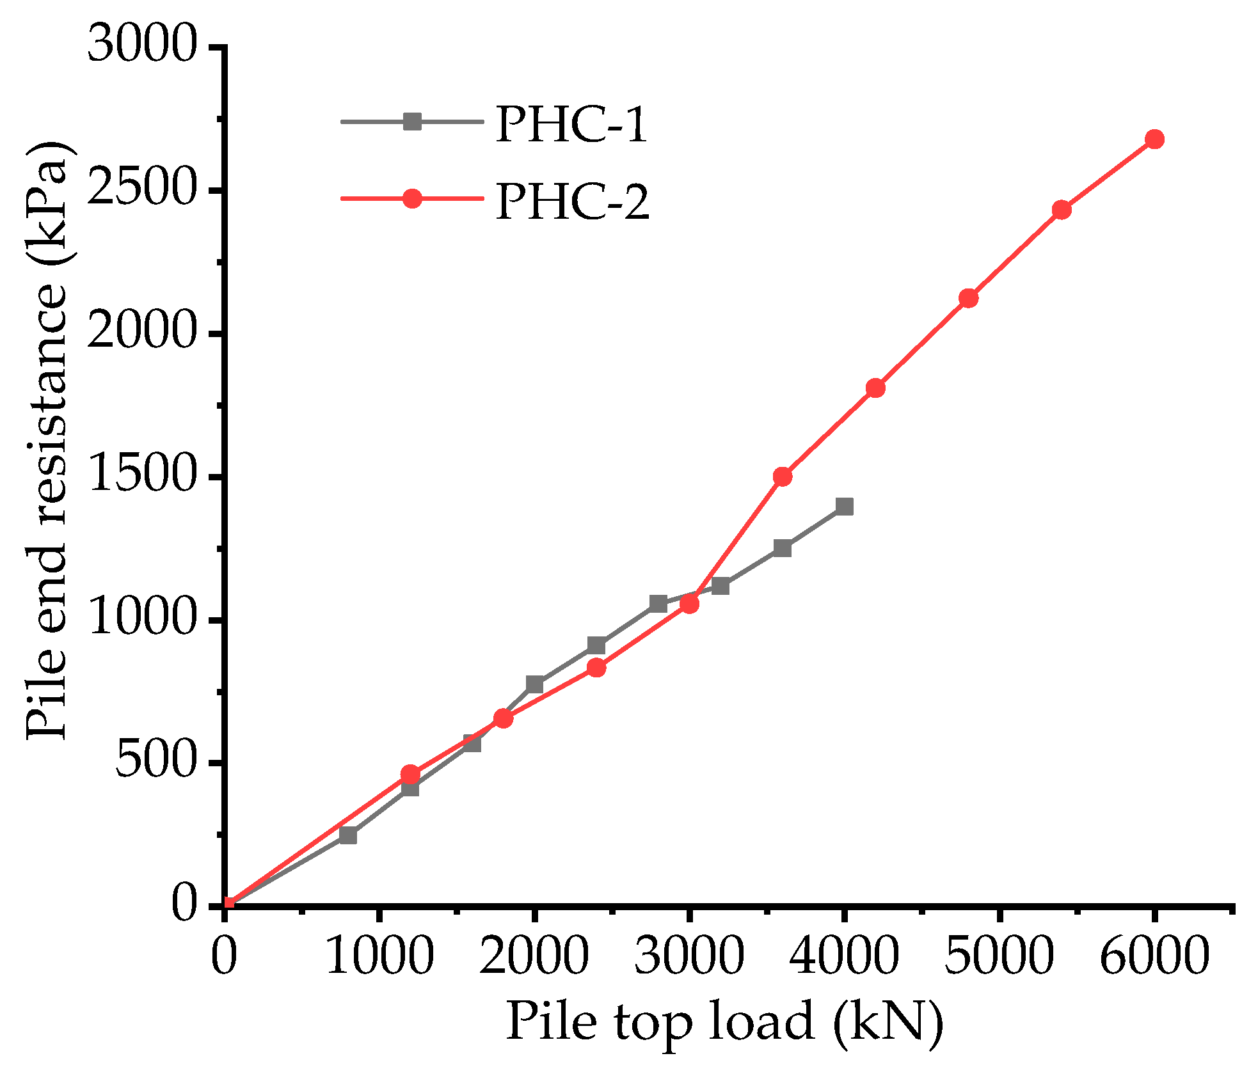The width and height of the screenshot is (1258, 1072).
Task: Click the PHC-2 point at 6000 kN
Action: tap(1154, 139)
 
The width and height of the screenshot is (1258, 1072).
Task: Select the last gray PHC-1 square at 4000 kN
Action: tap(844, 507)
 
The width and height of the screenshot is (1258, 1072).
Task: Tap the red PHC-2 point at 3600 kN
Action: tap(782, 477)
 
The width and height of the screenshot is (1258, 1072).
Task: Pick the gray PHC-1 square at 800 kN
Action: tap(348, 835)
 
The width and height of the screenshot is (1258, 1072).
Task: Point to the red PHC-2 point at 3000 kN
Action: tap(689, 603)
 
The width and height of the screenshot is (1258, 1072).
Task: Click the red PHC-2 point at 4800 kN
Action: tap(968, 298)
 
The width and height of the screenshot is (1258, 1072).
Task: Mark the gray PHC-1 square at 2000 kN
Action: tap(534, 684)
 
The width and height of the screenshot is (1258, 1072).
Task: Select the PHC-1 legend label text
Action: tap(571, 123)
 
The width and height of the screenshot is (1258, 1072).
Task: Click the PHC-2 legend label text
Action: tap(572, 201)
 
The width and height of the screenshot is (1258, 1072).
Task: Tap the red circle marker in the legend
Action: tap(413, 198)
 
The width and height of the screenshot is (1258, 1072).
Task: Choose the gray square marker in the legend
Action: tap(413, 121)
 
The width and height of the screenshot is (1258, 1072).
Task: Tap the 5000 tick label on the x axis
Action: tap(998, 956)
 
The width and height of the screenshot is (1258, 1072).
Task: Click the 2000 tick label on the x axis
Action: tap(534, 956)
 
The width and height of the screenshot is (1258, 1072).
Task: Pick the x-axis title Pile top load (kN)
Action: tap(725, 1022)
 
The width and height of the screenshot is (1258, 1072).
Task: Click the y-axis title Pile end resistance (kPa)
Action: tap(46, 440)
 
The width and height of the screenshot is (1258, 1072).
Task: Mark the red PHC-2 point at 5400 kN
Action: tap(1061, 209)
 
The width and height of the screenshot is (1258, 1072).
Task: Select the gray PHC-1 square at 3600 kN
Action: tap(782, 548)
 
